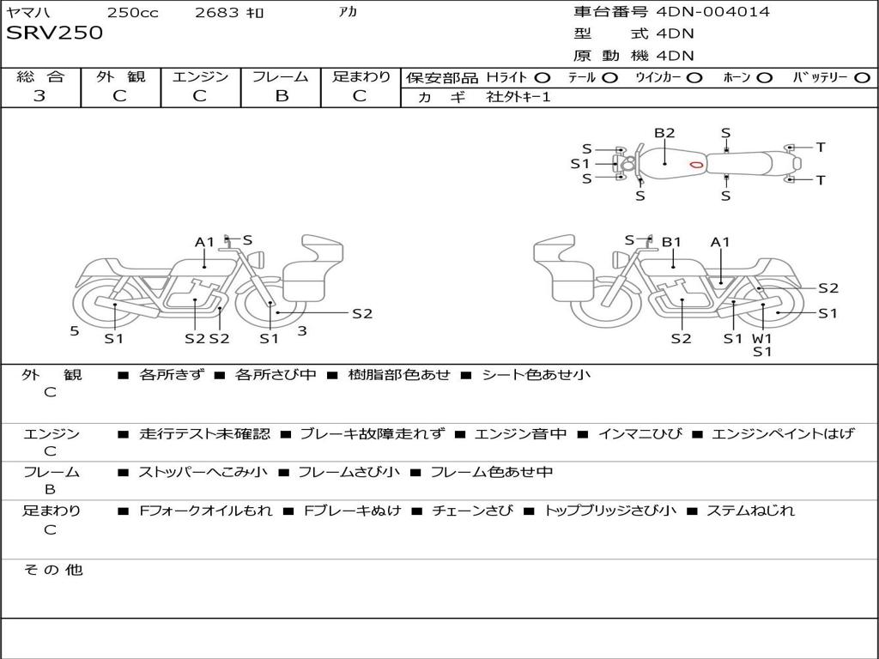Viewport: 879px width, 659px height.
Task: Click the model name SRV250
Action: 55,33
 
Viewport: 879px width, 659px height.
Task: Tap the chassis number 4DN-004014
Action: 712,12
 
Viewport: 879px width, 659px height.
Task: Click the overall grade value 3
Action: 39,96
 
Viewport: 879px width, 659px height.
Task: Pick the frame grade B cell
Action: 282,96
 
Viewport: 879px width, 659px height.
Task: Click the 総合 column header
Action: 39,77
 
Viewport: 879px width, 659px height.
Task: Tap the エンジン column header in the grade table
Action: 201,77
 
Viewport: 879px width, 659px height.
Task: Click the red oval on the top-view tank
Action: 696,164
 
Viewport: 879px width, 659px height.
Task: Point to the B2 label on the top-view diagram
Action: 664,133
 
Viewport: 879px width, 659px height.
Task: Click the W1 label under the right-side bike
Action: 762,338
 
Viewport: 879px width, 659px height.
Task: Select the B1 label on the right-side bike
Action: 671,242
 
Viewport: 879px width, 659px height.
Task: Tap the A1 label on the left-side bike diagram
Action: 204,242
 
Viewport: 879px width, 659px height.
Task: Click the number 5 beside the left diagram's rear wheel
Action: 75,330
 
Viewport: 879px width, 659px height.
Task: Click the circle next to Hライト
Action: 543,77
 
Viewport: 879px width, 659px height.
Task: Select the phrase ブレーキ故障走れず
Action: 372,433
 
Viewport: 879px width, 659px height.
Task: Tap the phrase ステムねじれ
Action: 750,511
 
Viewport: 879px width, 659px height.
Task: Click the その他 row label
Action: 53,569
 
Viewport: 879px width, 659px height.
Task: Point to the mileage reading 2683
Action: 216,13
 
